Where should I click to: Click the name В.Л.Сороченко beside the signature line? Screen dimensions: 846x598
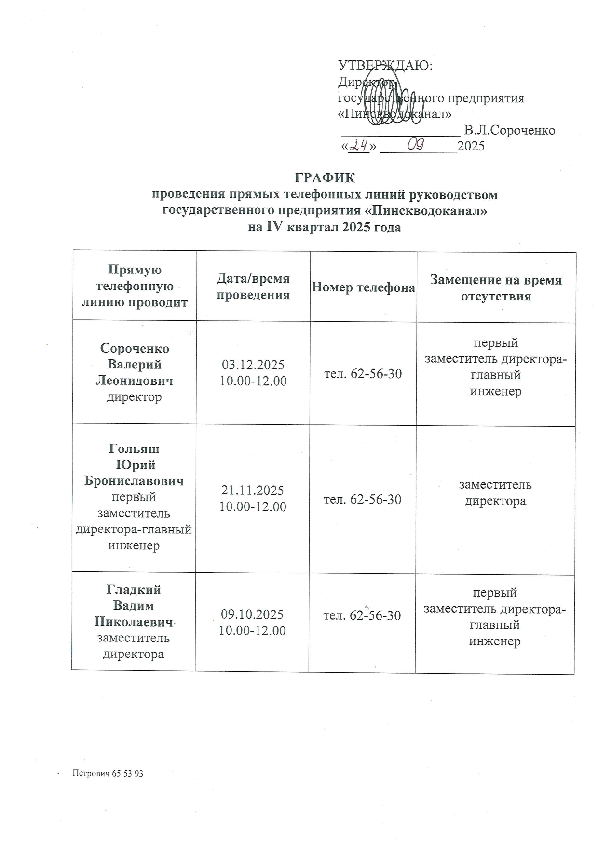pos(509,130)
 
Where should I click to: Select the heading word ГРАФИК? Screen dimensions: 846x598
pos(325,178)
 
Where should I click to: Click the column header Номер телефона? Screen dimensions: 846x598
pos(363,288)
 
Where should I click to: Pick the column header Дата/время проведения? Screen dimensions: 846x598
pos(253,287)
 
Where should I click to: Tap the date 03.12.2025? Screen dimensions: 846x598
pos(253,365)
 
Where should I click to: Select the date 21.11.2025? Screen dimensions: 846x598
pos(253,491)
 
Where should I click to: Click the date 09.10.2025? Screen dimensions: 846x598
pos(252,614)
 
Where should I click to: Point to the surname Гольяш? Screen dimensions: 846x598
pos(134,449)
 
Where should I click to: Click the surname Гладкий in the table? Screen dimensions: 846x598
pos(134,590)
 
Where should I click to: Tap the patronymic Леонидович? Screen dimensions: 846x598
pos(135,381)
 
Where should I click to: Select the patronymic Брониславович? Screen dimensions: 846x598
pos(134,481)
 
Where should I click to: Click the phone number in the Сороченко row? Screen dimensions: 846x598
pos(363,374)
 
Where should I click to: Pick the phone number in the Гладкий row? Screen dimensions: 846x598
pos(362,615)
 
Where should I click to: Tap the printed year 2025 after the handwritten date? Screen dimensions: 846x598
pos(471,146)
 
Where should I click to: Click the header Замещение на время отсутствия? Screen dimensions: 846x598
pos(496,288)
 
